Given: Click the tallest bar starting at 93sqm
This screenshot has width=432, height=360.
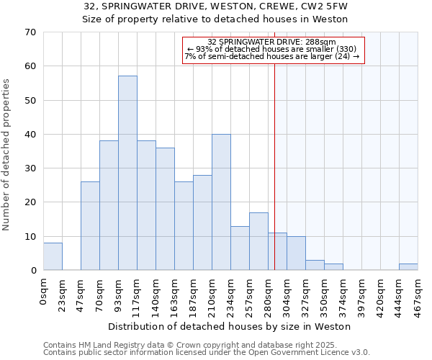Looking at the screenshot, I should [127, 173].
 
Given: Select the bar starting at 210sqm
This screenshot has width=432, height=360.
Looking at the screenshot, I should [221, 202].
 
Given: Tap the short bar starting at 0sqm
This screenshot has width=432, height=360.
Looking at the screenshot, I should [53, 256].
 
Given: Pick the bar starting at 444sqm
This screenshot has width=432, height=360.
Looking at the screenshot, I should [408, 267].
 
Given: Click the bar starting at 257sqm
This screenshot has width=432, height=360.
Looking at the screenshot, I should [258, 241].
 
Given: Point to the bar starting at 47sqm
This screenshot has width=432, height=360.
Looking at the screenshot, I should [90, 226].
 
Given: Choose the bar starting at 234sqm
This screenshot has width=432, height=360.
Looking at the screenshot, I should [240, 248].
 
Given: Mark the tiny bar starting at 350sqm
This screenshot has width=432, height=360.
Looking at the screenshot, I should [333, 267].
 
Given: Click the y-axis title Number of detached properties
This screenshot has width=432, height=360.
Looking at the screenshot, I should [7, 155].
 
